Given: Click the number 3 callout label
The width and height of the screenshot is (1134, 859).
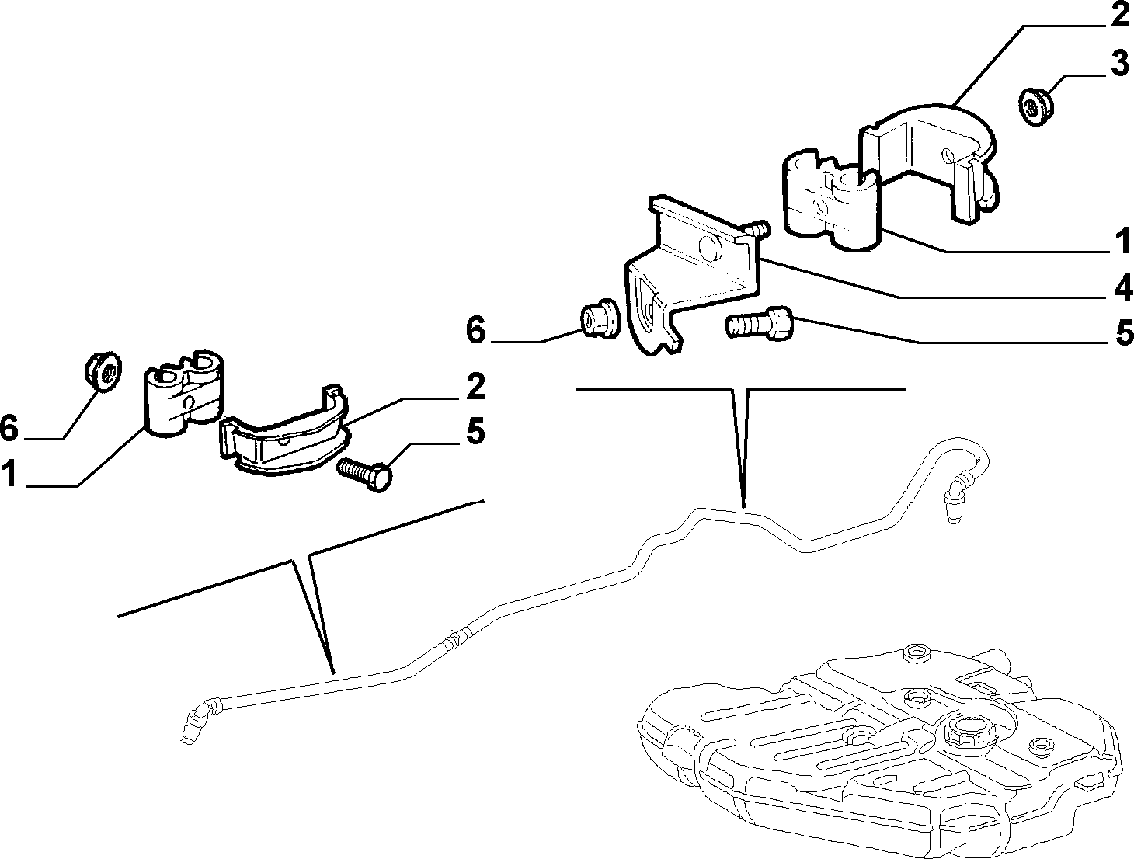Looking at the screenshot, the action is tap(1119, 64).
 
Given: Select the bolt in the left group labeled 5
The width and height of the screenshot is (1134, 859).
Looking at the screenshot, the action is tap(365, 474).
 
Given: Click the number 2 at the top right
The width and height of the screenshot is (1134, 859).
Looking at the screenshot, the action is tap(1119, 14).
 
